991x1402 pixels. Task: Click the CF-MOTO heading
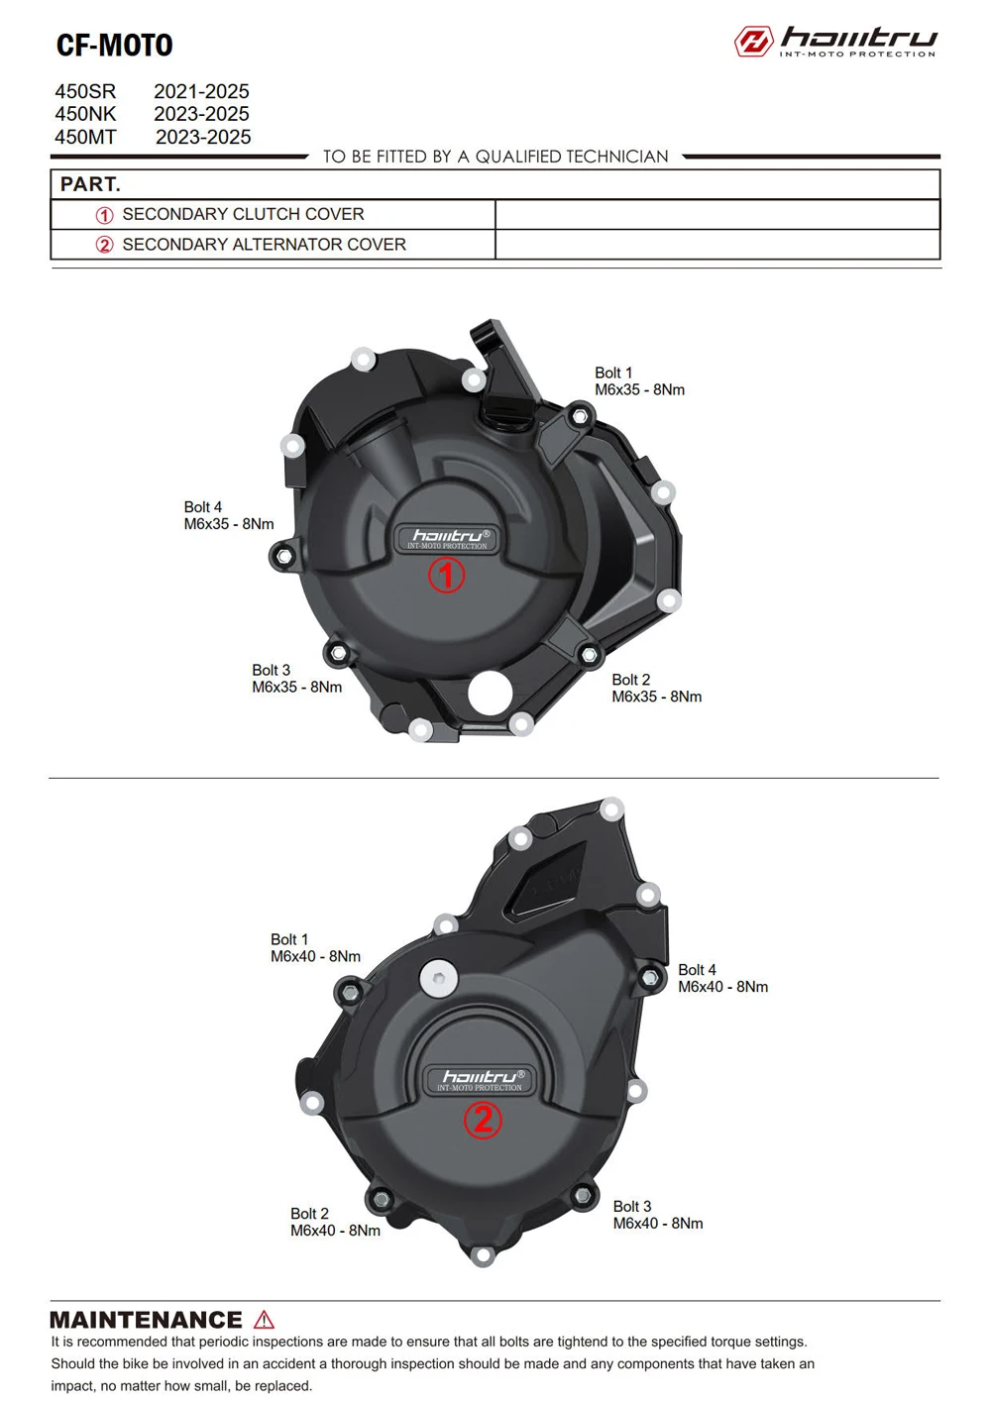(x=115, y=45)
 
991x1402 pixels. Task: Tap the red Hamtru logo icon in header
(x=754, y=42)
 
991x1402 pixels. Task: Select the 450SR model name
(x=85, y=91)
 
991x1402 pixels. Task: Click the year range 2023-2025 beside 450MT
(x=203, y=137)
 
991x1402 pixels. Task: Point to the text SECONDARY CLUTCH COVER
(x=243, y=214)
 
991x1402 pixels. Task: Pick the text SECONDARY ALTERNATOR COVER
(x=265, y=244)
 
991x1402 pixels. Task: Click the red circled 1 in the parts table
(x=104, y=215)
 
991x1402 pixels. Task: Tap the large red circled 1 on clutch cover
(x=446, y=575)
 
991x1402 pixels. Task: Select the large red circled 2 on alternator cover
(x=483, y=1119)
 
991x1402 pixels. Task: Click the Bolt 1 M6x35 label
(x=639, y=381)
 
